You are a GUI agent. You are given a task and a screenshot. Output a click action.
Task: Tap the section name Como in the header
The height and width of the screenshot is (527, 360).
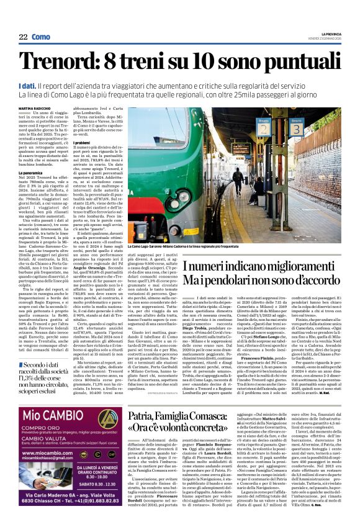click(41, 37)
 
